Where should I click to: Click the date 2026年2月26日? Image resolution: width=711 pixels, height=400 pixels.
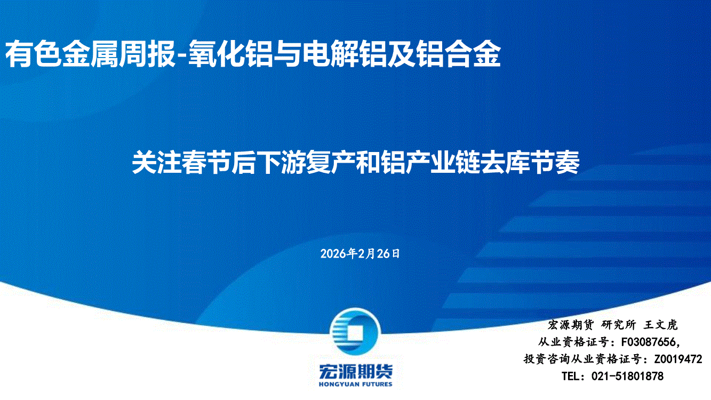pos(360,254)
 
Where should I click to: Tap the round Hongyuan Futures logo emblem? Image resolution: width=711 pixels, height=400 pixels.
pos(355,332)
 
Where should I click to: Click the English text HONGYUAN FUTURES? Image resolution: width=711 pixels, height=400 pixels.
pos(355,385)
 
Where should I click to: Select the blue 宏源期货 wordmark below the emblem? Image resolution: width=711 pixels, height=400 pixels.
pos(355,371)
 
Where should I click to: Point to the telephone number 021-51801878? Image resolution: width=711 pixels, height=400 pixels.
pos(627,376)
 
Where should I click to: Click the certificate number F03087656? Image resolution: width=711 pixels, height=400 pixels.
pos(648,342)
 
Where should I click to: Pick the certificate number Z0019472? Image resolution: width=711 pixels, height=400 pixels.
pos(678,359)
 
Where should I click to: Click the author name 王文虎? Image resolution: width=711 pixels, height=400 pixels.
pos(661,325)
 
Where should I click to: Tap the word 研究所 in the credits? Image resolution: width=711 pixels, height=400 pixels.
pos(619,325)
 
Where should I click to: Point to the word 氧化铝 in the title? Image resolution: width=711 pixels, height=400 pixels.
pos(230,54)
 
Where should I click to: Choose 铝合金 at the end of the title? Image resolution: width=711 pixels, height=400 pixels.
pos(459,54)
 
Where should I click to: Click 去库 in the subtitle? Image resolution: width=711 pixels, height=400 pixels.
pos(505,163)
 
